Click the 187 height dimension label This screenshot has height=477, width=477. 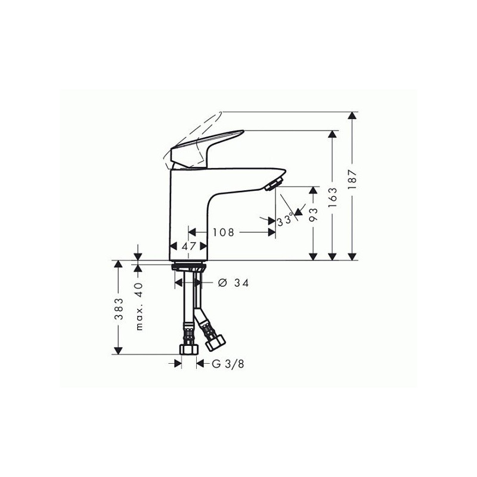pos(352,179)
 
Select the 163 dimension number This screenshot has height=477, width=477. pos(333,197)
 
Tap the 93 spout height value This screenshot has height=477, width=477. pos(314,215)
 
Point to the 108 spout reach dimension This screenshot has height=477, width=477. pos(224,233)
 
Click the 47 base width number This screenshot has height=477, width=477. pos(188,246)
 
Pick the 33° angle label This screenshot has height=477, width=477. pos(285,220)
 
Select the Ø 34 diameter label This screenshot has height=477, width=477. pos(233,283)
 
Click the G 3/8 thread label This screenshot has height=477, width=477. pos(228,364)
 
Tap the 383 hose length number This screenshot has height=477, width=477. pos(119,308)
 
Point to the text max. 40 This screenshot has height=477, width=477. pos(139,306)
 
